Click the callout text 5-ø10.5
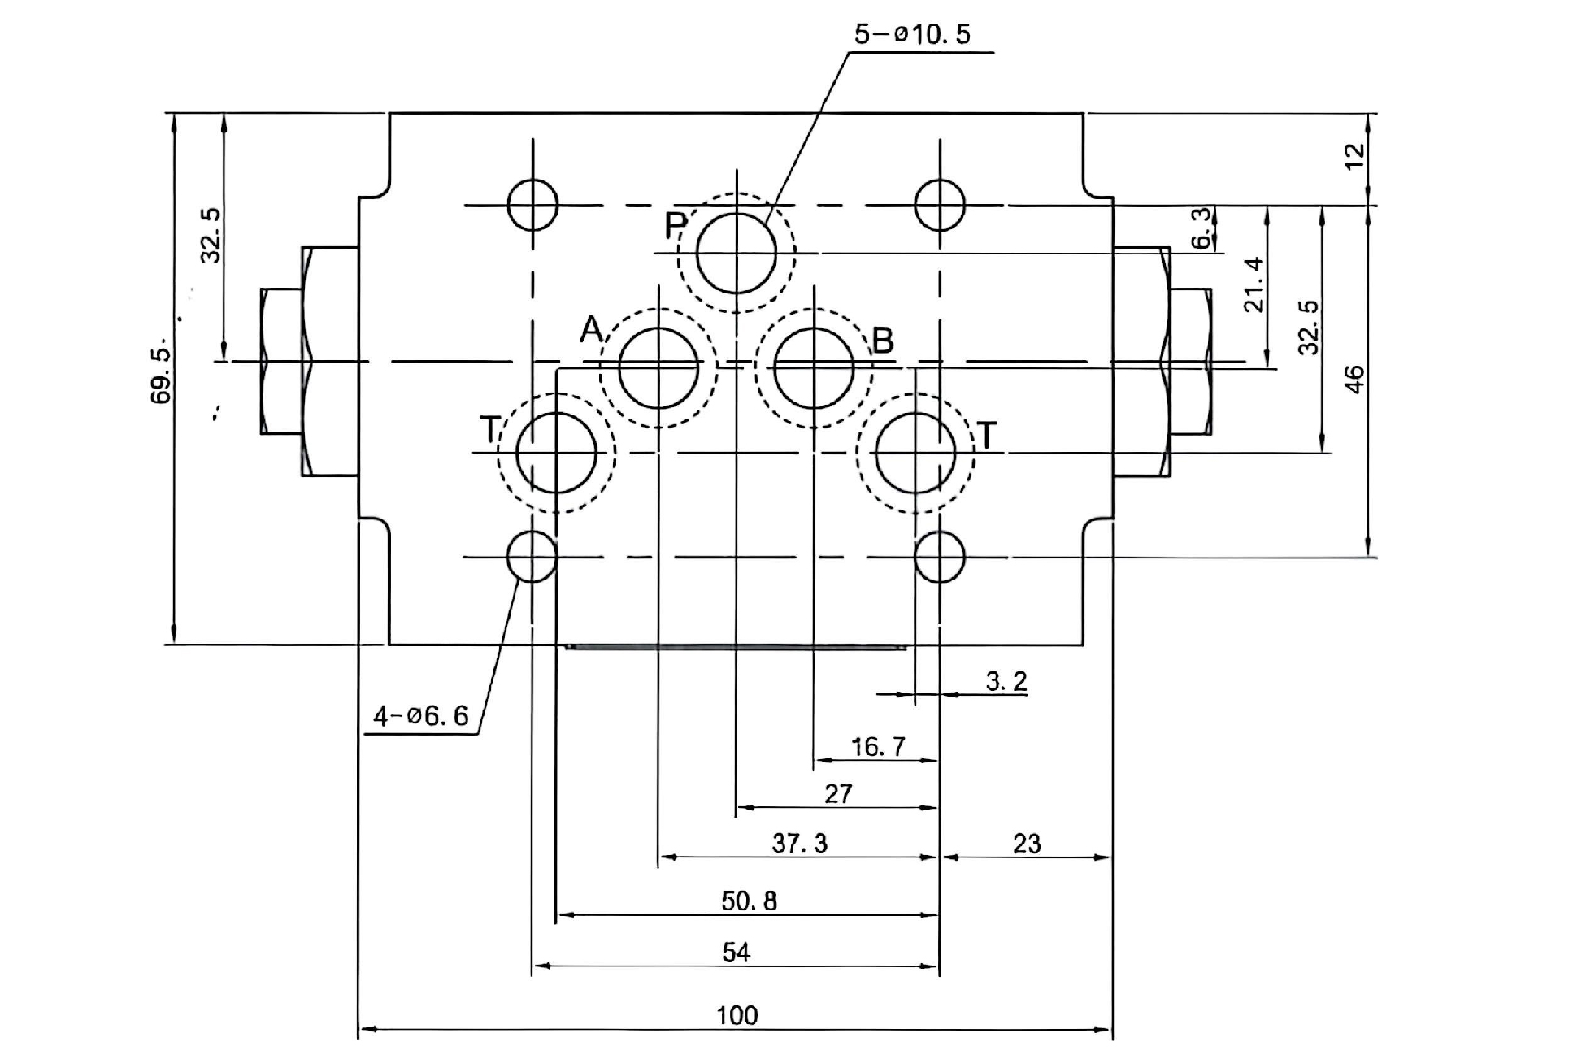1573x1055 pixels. [912, 34]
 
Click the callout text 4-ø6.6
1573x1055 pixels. [420, 716]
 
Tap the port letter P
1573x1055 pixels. [676, 225]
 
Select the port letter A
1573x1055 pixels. [591, 330]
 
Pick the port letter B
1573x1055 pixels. [882, 341]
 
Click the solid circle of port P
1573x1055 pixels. [737, 253]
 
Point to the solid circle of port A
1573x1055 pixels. [658, 368]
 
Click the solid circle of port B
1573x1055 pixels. [814, 368]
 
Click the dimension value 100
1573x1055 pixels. [737, 1015]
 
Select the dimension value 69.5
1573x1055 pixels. [162, 375]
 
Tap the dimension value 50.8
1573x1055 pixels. [749, 901]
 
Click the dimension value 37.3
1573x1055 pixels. [799, 844]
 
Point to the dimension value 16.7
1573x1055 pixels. [877, 746]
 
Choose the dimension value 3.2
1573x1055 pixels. [1006, 681]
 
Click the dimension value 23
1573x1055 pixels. [1027, 844]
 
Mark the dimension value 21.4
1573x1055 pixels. [1254, 284]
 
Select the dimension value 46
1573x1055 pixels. [1354, 380]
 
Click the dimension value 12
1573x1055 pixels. [1354, 156]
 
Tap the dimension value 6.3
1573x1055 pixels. [1201, 228]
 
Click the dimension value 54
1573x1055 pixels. [736, 952]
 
